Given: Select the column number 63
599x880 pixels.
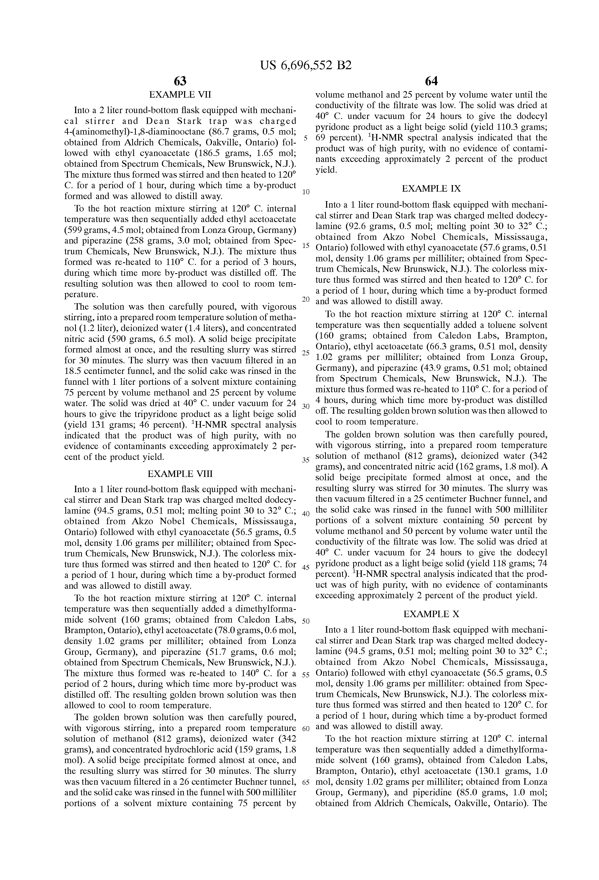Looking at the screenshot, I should coord(180,81).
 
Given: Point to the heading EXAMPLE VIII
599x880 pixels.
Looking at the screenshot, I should coord(180,474).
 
